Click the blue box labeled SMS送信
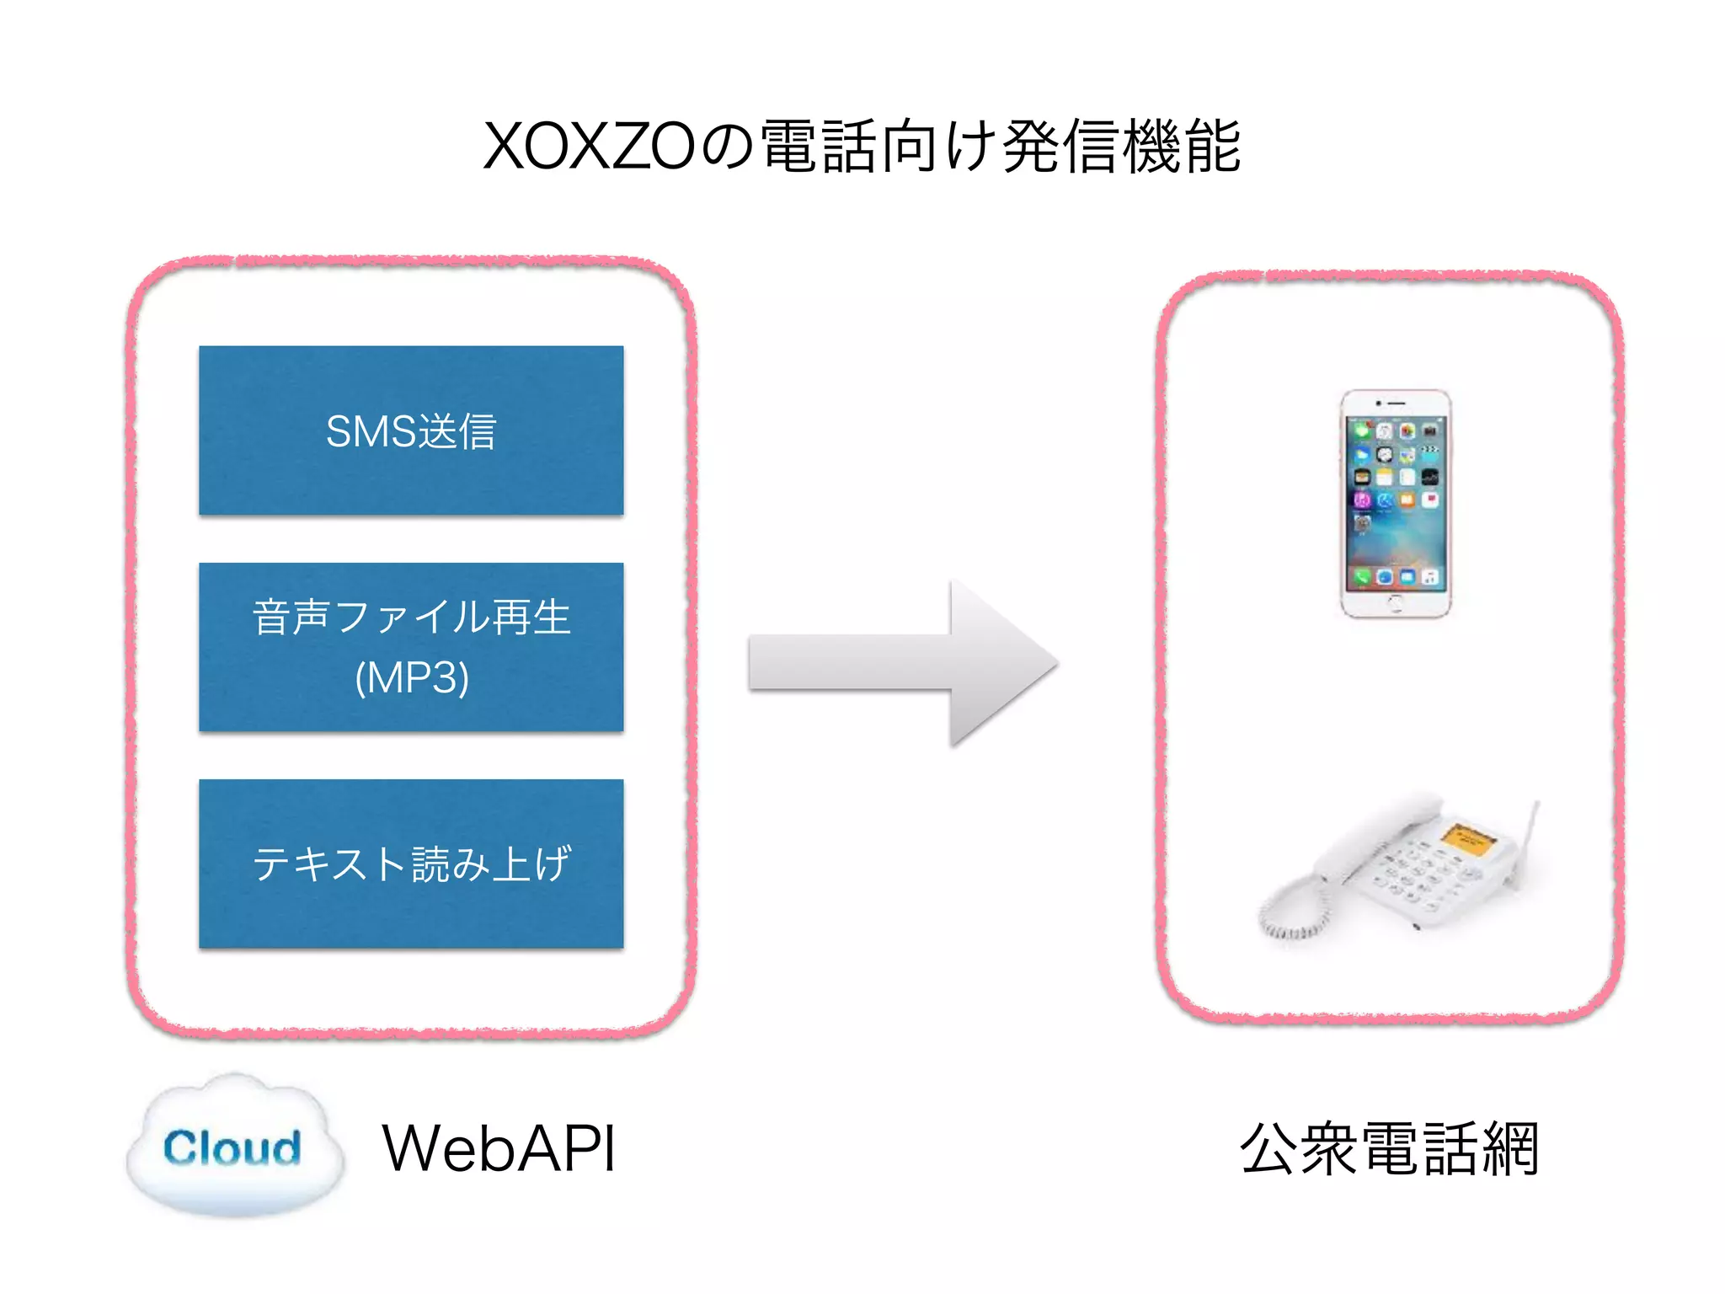click(411, 430)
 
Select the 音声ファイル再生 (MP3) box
click(411, 646)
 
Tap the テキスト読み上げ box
click(411, 864)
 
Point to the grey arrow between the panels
click(901, 663)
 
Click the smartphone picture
click(1395, 503)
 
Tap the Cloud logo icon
click(234, 1147)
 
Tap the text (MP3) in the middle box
click(411, 677)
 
